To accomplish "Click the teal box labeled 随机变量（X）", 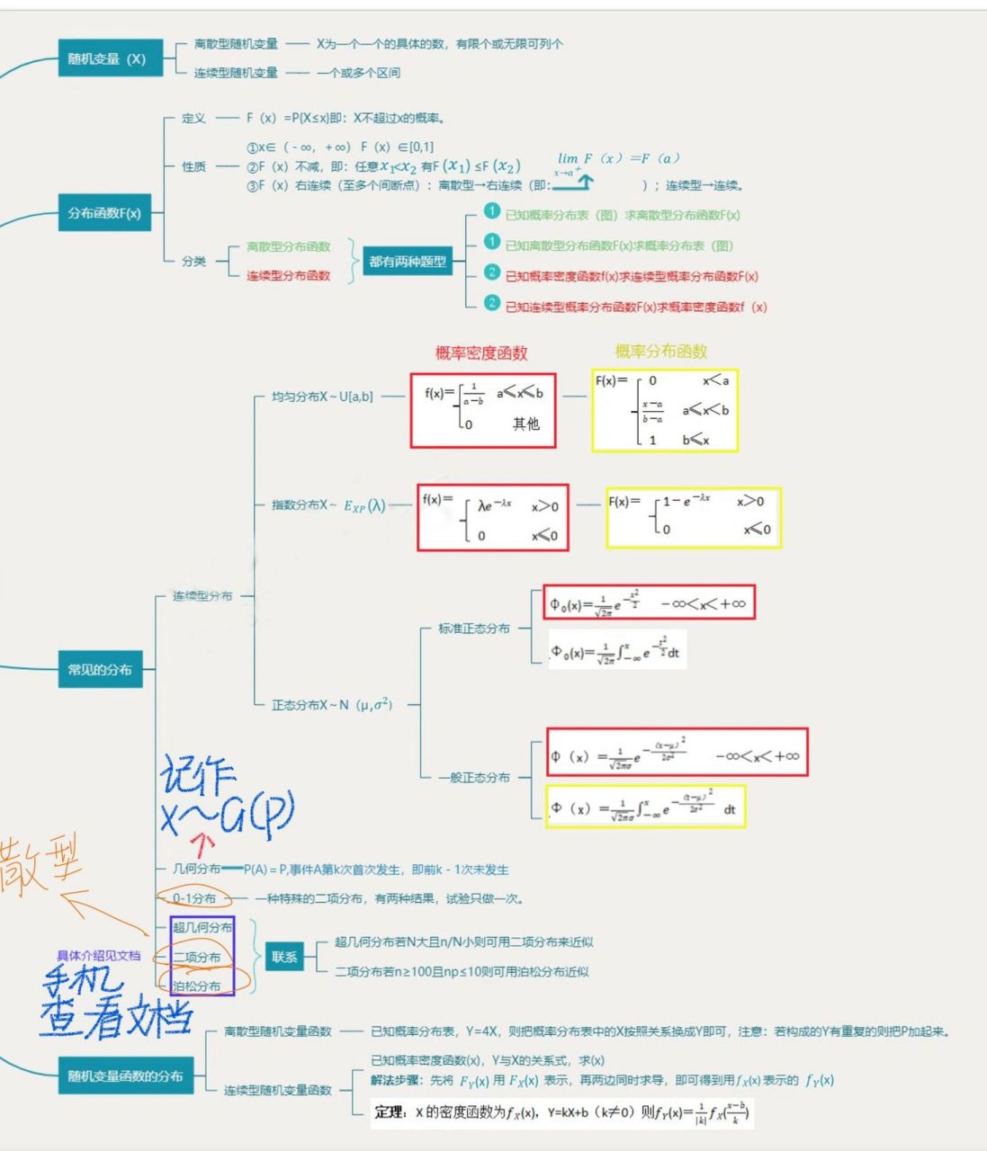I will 107,58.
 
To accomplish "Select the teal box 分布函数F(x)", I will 104,213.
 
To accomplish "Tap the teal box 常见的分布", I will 100,670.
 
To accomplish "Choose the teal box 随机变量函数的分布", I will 125,1075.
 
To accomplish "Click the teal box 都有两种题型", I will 408,262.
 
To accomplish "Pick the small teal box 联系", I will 284,957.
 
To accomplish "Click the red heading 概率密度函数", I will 481,353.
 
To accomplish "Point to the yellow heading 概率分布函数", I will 661,352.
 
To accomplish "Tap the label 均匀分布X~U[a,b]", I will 322,397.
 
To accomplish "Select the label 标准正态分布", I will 473,629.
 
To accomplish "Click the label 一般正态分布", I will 473,777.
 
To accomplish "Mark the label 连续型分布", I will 202,596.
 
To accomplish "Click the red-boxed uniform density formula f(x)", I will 483,410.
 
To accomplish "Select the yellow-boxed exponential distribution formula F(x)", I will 693,517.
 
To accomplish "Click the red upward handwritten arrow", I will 204,843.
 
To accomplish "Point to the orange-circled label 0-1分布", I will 194,898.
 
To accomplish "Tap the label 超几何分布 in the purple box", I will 202,927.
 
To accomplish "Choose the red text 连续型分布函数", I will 288,276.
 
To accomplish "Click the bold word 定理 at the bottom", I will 389,1112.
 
